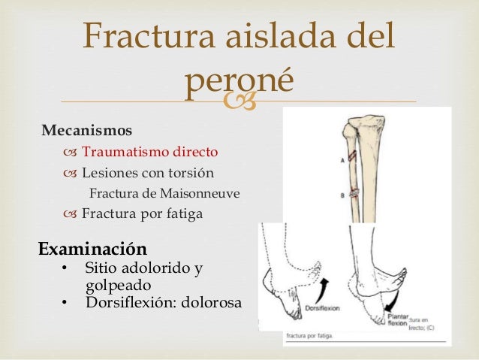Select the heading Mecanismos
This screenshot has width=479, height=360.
click(x=86, y=129)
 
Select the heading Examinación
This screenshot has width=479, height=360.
click(x=92, y=247)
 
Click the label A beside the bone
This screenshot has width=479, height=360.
click(x=342, y=160)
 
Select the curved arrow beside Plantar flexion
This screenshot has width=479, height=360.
click(x=389, y=300)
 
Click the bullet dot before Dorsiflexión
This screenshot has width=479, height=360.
click(x=66, y=304)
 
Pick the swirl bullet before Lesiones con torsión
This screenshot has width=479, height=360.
click(x=71, y=173)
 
